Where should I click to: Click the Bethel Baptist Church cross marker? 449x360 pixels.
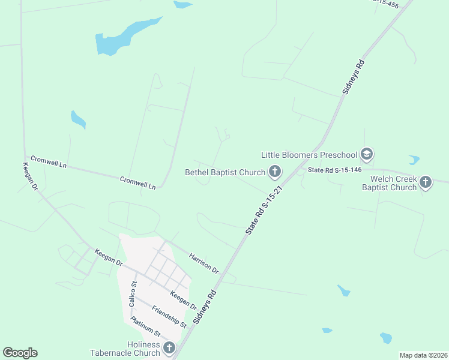pos(275,172)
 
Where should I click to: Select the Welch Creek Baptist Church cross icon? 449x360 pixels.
pos(426,182)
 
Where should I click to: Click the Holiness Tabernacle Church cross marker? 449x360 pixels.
pos(169,348)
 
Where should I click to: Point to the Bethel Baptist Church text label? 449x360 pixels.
pos(224,173)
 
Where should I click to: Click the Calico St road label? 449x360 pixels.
pos(133,294)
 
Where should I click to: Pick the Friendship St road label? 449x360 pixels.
pos(169,316)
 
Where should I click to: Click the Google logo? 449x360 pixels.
pos(20,353)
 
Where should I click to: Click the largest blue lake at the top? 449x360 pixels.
pos(123,37)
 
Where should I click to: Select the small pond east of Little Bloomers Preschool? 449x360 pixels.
pos(414,160)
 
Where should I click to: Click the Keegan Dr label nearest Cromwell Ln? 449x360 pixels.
pos(31,177)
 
